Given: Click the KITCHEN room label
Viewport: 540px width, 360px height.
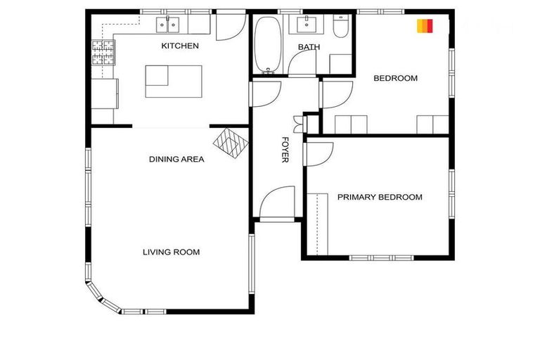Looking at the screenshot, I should (180, 46).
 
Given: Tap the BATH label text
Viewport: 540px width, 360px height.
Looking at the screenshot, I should (309, 47).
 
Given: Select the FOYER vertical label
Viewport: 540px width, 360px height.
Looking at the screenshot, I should (285, 149).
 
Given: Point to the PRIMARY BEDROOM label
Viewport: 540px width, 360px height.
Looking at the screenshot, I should (380, 197).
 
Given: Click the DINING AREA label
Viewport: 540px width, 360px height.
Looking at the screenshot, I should (176, 159).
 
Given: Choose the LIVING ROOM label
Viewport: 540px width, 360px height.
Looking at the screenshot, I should (172, 252).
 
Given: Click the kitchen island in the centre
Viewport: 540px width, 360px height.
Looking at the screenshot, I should (174, 81).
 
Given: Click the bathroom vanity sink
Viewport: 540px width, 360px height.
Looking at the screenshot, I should (308, 25).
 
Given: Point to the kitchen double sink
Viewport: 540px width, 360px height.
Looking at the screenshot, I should (169, 25).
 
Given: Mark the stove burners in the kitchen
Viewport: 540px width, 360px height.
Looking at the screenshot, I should (103, 53).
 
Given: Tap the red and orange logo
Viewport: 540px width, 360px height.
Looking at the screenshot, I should (424, 27).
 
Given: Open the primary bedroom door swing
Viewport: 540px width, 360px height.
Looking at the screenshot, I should (319, 154).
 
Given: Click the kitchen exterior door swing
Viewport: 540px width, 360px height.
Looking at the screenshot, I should (230, 26).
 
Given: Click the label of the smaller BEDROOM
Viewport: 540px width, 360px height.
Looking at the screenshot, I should (395, 78).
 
